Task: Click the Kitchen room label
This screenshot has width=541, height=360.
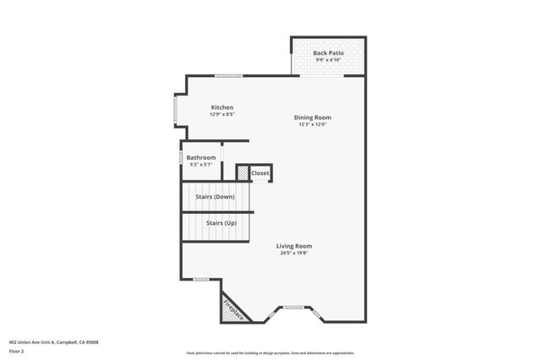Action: [221, 107]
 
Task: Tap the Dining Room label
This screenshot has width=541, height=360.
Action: [312, 117]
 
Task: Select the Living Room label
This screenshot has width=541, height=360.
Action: [294, 246]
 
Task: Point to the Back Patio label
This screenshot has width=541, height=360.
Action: [328, 53]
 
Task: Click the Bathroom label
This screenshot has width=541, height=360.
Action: [201, 157]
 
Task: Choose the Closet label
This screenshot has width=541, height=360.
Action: [260, 173]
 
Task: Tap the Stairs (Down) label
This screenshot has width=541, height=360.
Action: [215, 197]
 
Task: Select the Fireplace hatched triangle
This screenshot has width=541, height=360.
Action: [232, 309]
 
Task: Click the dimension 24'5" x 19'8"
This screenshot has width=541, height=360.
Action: [294, 253]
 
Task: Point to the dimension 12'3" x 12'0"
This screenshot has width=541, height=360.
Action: [312, 124]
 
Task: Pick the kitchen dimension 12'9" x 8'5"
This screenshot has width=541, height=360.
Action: [221, 114]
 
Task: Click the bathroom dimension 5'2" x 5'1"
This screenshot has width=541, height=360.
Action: [201, 164]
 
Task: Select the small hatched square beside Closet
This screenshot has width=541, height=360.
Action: [243, 173]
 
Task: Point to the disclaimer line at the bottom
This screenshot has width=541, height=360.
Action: [270, 352]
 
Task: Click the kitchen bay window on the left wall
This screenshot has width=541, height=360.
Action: [176, 111]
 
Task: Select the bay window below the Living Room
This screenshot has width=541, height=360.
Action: [293, 309]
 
